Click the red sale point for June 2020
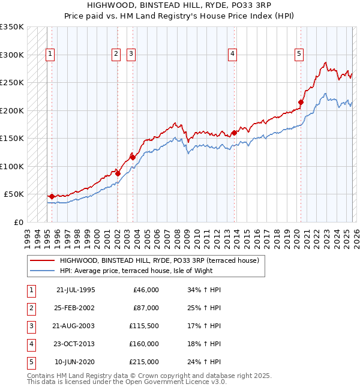[x=301, y=103]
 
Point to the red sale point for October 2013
[x=234, y=133]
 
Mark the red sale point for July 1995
[x=52, y=196]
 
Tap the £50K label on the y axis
[x=14, y=194]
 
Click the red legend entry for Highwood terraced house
[x=159, y=260]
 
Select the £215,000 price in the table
[x=144, y=362]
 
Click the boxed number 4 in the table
[x=30, y=344]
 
